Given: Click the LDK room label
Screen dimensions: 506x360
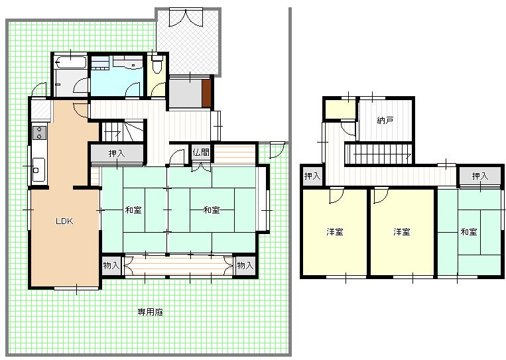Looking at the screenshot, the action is (x=64, y=221).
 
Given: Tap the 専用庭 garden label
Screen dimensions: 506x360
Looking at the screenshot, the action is (x=151, y=312).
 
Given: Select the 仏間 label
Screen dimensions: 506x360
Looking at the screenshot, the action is (x=201, y=152).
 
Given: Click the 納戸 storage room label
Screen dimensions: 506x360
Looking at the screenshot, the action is (x=385, y=121).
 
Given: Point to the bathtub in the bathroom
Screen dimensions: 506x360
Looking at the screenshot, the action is (x=70, y=62).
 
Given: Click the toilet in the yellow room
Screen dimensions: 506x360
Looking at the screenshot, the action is (x=157, y=64).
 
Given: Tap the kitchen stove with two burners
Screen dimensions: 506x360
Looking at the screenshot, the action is (x=39, y=133).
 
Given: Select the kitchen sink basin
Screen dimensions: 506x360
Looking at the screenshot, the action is (x=38, y=169).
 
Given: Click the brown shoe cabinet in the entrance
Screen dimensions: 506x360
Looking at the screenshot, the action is (x=206, y=93).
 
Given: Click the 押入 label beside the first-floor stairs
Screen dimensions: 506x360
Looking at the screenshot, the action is (x=117, y=153).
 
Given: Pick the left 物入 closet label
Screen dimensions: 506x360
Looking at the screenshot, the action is (x=111, y=265).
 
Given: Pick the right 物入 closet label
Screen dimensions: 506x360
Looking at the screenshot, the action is (x=245, y=265).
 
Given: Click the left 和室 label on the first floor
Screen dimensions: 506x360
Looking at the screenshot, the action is (x=133, y=210).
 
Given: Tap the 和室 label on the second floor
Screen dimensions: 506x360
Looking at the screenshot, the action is (x=469, y=232).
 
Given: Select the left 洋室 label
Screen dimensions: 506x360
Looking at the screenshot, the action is (x=335, y=232).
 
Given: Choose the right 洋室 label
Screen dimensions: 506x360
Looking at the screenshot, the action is (x=402, y=232).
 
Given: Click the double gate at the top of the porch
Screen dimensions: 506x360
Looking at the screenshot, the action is (x=186, y=17).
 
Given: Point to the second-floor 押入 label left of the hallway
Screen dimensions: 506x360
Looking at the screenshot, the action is (x=312, y=176).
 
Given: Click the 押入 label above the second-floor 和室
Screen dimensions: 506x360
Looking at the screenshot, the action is (x=480, y=176).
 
